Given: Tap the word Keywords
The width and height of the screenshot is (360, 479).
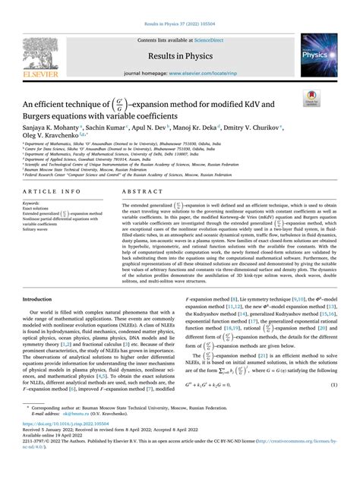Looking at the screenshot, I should (x=32, y=204).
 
